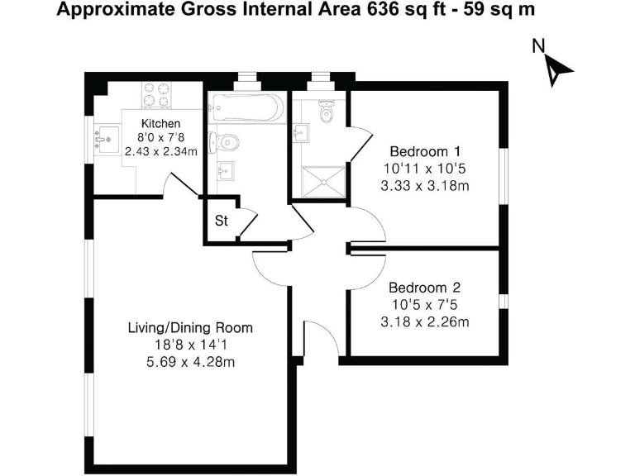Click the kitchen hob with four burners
155,94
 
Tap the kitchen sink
105,139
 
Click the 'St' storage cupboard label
221,221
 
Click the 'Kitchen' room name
160,124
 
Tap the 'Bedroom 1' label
424,152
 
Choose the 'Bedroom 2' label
424,288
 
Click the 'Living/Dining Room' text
189,327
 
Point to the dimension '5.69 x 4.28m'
189,362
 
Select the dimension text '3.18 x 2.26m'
424,321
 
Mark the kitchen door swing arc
175,184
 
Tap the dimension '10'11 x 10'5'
424,169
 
